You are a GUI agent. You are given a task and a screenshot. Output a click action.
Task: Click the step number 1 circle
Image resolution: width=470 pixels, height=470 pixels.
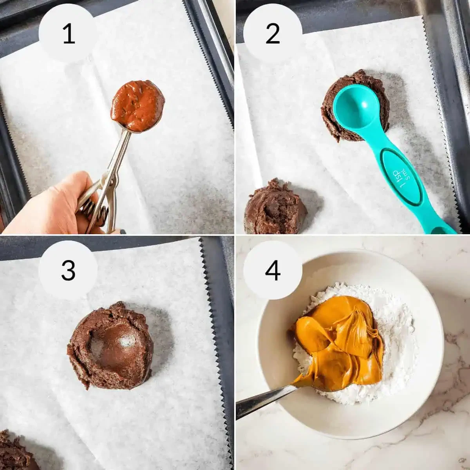point(69,34)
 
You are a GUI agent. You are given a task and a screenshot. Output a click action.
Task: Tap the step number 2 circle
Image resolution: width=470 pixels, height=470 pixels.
point(273,34)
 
